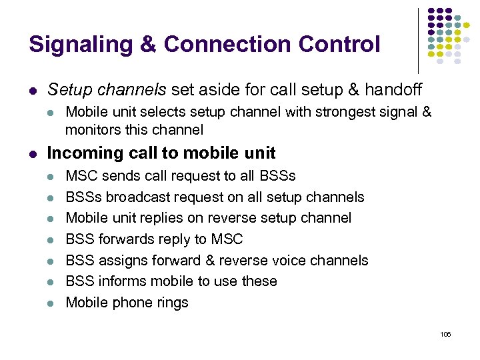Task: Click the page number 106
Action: pos(446,334)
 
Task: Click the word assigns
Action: pos(119,260)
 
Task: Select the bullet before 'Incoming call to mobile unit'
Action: pos(33,153)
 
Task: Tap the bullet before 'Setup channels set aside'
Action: pos(33,89)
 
